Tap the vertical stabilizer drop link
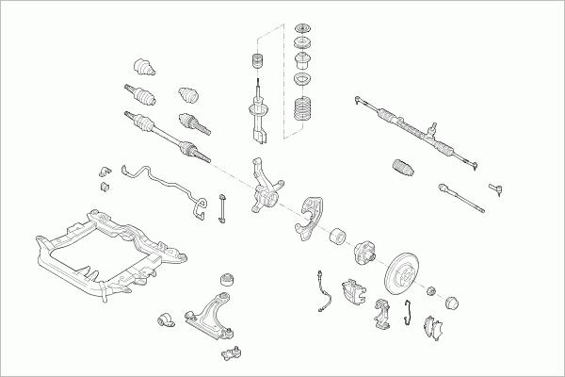pyautogui.click(x=223, y=208)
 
